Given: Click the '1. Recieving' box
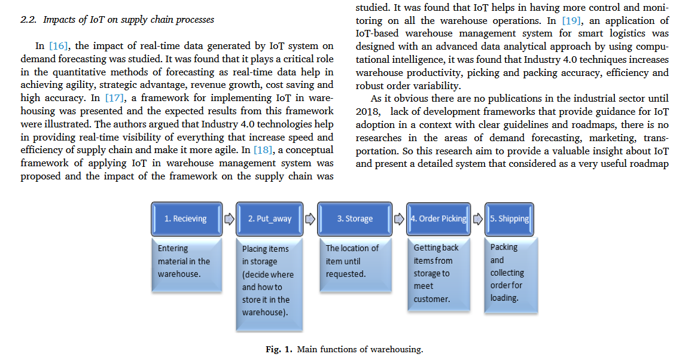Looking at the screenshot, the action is point(185,219).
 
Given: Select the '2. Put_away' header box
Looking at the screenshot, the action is point(269,219).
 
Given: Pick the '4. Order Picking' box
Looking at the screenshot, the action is point(438,219).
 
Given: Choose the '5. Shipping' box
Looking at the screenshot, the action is point(509,219).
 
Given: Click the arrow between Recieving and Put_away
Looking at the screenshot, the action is point(229,219).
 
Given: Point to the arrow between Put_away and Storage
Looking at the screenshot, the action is point(310,219).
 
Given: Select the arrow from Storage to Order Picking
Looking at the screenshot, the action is point(399,219).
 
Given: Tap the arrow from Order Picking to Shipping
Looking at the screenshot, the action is point(477,219).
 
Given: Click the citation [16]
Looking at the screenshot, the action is point(59,46).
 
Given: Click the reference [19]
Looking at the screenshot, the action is point(571,20).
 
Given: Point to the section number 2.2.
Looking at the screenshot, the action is point(29,20).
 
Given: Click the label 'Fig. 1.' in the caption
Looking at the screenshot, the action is point(279,349).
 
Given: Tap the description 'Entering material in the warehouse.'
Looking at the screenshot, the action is point(184,261).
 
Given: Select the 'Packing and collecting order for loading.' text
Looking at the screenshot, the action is point(507,272).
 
